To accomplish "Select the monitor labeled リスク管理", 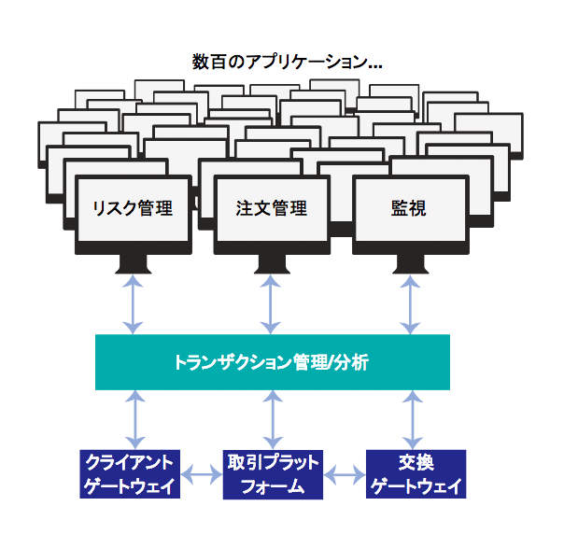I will pos(133,209).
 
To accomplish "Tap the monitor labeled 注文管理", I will pos(272,209).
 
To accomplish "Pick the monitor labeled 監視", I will pos(409,209).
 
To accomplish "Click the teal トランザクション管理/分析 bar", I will pos(272,362).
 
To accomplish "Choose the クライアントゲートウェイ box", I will pos(132,474).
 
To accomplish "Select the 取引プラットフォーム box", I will pos(273,474).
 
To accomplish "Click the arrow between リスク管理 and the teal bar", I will pos(133,303).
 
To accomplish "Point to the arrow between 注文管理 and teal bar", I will pos(272,303).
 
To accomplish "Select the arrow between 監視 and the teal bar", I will pos(409,303).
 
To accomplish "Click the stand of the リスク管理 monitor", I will pos(133,263).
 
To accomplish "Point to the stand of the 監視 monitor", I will pos(409,263).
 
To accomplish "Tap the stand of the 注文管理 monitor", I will pos(272,263).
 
